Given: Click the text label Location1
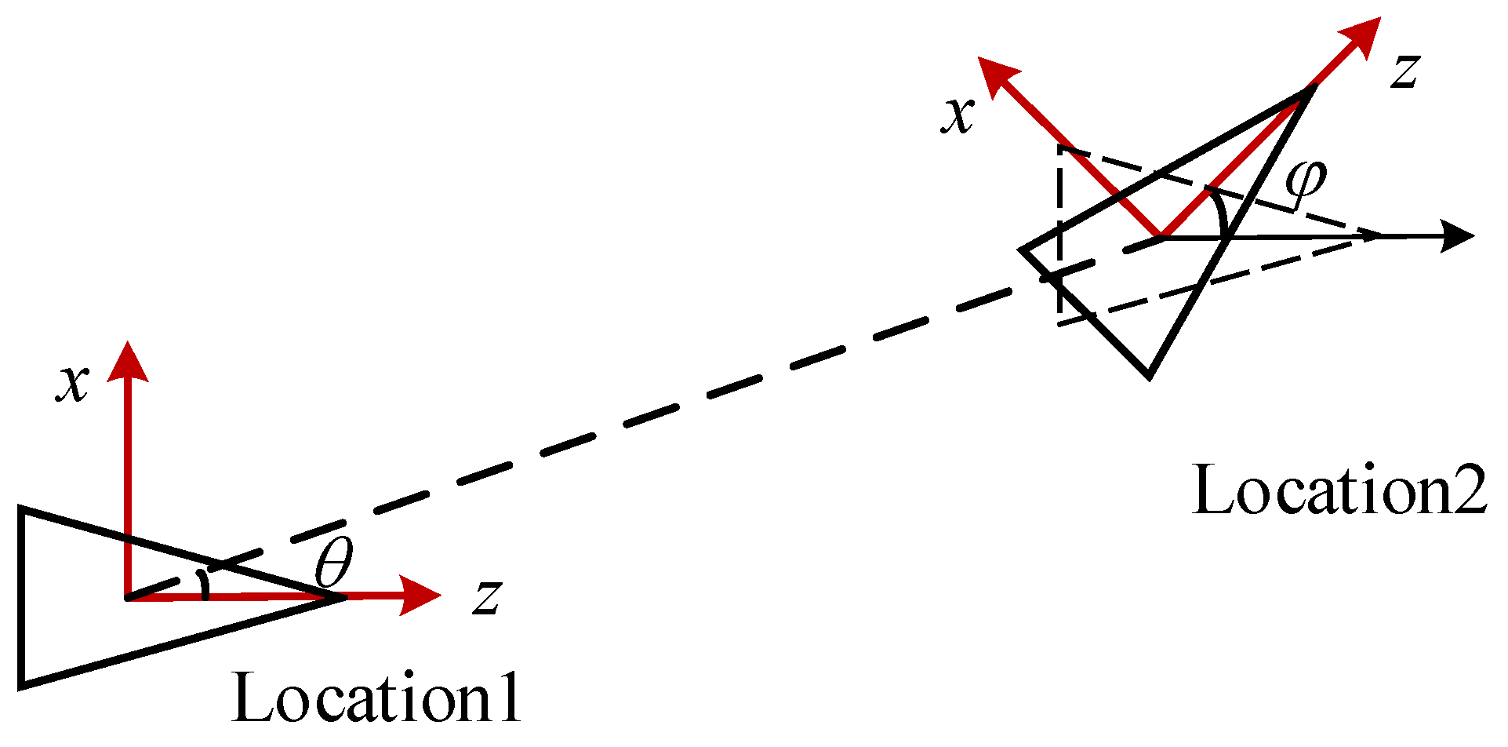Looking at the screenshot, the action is (376, 698).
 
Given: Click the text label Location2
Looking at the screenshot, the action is (1339, 491).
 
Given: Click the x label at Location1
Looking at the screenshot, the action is (72, 384).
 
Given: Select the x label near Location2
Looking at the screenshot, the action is (957, 116).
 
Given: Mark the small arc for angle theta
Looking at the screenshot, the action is (205, 585).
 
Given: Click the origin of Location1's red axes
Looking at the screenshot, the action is (127, 598).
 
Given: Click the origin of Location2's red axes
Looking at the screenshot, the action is (1162, 235).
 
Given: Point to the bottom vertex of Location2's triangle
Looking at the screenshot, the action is (1149, 376).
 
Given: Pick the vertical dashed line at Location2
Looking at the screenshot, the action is (1059, 235).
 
